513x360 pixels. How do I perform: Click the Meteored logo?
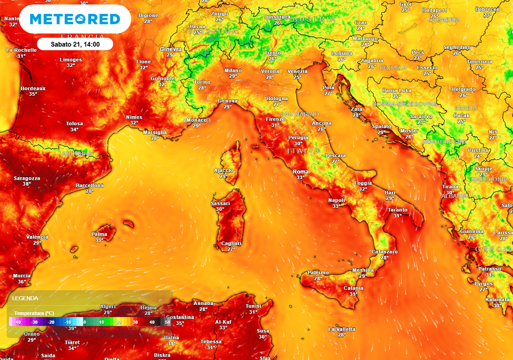(x=75, y=19)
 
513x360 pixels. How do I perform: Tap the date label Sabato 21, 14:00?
(x=75, y=44)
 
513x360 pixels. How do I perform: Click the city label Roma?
(x=300, y=172)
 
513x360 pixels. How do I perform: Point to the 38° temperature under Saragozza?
(x=27, y=184)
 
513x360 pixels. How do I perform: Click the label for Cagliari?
(x=231, y=243)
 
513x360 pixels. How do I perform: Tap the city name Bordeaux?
(x=33, y=88)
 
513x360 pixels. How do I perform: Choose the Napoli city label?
(x=337, y=200)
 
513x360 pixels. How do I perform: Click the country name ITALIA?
(x=303, y=151)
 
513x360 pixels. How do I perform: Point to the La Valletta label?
(x=342, y=329)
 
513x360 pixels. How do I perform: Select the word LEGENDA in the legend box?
(x=25, y=298)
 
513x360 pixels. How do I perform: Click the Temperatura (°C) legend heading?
(x=34, y=313)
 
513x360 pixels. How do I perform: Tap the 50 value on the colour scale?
(x=167, y=322)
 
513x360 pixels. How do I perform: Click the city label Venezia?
(x=297, y=72)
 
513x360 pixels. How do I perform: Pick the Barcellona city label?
(x=90, y=186)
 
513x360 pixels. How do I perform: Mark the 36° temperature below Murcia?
(x=22, y=282)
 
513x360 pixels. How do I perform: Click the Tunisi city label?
(x=253, y=306)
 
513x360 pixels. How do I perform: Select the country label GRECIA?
(x=493, y=249)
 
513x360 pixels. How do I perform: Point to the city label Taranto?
(x=397, y=210)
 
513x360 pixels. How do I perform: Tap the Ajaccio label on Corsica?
(x=223, y=170)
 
